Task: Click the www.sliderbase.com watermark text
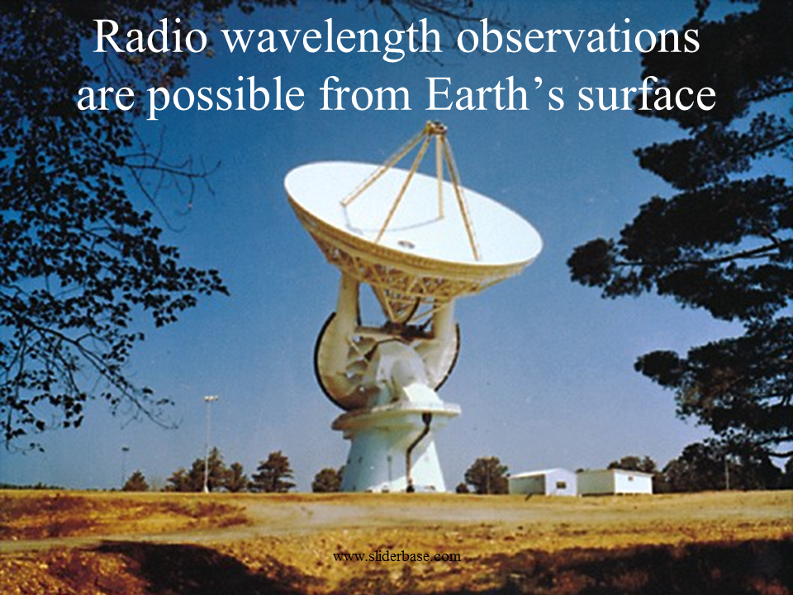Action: coord(397,556)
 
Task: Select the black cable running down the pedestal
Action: coord(418,450)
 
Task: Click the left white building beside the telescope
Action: coord(542,482)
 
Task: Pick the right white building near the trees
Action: coord(615,482)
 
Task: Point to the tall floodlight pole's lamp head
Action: coord(211,398)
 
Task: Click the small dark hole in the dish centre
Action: coord(405,245)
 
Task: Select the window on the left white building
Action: coord(560,485)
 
